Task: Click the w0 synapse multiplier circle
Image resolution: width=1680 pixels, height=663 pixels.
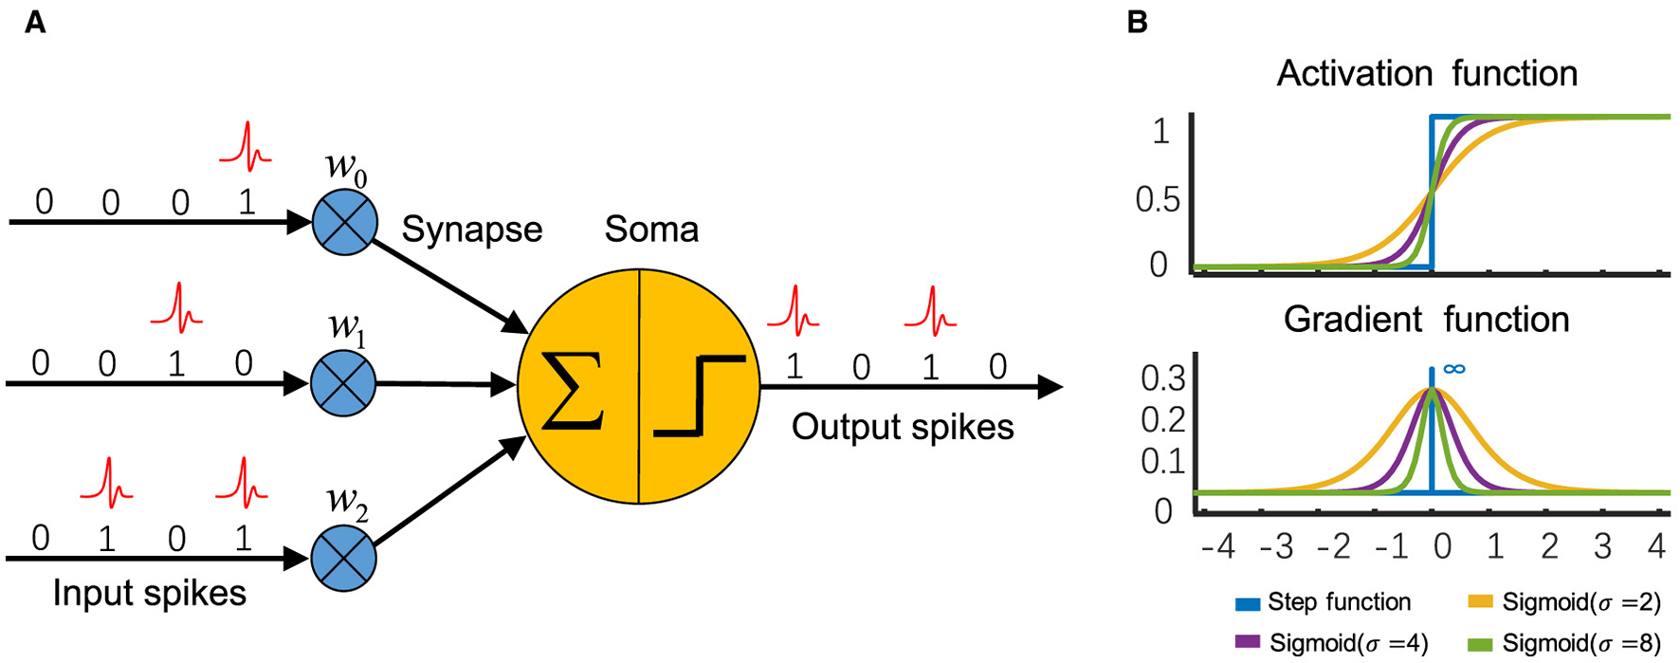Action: (345, 222)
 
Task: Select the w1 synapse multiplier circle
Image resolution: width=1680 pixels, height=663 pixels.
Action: (343, 384)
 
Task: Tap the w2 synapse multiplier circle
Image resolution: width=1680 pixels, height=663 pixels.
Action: (343, 558)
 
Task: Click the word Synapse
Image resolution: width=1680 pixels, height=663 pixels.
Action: (472, 230)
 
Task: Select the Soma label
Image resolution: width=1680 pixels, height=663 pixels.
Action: (651, 230)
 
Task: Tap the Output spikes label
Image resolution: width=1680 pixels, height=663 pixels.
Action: (903, 428)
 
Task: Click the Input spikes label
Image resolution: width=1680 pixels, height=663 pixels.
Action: (150, 593)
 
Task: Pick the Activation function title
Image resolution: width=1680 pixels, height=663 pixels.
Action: (1427, 74)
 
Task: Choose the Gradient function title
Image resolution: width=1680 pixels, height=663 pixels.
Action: (1426, 320)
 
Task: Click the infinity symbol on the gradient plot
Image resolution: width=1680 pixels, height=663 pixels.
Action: (1453, 369)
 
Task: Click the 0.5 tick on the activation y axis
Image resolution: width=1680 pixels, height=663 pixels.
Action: (1158, 199)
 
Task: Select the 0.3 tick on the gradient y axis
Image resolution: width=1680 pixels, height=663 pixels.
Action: (1162, 378)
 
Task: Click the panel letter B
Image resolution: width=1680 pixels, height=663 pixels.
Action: (1138, 22)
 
